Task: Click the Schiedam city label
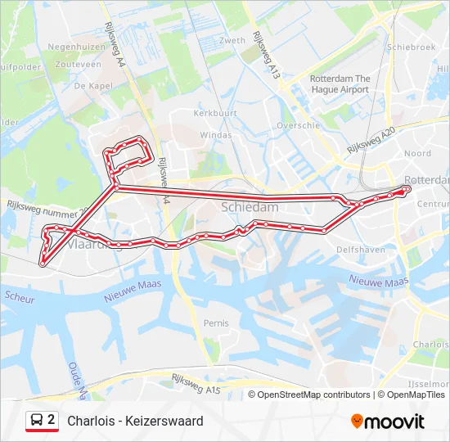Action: click(x=250, y=208)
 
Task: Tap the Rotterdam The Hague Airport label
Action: click(x=340, y=83)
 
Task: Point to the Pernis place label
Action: click(x=216, y=322)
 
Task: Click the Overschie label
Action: click(x=298, y=125)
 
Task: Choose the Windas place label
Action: click(x=216, y=134)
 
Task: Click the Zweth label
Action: click(x=232, y=40)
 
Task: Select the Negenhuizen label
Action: click(x=76, y=47)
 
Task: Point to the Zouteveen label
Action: click(x=79, y=63)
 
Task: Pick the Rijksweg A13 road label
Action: click(x=267, y=56)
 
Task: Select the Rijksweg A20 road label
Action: click(x=371, y=142)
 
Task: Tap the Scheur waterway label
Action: click(x=20, y=299)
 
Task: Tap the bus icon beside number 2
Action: click(x=37, y=421)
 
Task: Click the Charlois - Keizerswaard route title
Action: click(x=135, y=422)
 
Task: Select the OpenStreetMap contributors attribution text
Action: click(x=313, y=395)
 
